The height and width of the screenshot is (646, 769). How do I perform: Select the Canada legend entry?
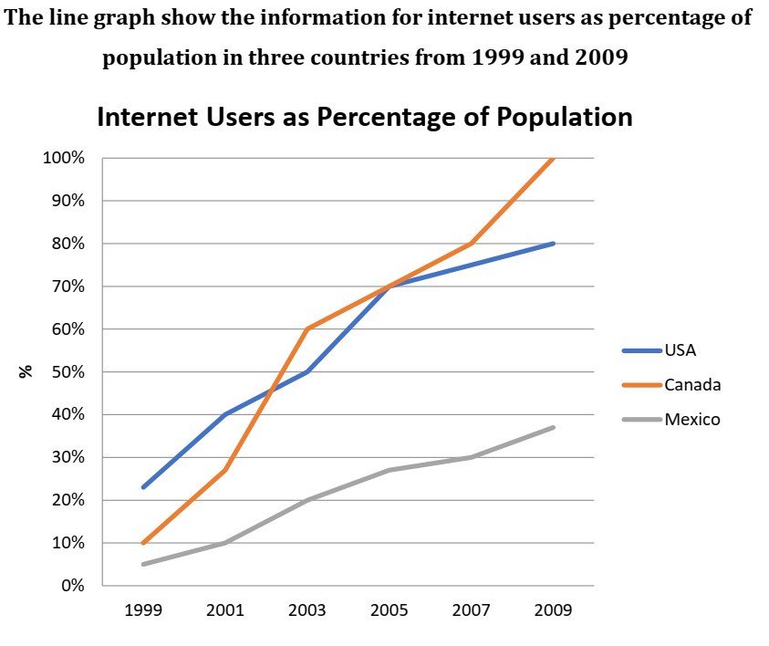691,384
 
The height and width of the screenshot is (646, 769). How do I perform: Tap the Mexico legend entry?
691,420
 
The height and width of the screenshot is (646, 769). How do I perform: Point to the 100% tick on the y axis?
63,158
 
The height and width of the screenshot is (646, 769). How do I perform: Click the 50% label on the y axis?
67,372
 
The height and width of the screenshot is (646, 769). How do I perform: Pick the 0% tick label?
71,586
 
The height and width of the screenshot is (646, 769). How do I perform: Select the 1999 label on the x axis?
143,610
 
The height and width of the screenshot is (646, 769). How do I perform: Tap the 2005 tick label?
390,610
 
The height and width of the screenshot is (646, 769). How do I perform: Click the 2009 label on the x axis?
554,610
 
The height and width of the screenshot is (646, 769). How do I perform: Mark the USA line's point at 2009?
554,244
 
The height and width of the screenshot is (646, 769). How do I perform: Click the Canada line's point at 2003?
307,328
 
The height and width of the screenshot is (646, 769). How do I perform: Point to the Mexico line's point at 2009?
554,427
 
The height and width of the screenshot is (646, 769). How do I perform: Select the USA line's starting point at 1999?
143,487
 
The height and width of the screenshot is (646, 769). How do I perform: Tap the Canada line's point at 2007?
472,244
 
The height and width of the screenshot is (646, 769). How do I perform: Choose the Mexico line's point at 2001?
225,543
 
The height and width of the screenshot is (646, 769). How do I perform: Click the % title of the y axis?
26,371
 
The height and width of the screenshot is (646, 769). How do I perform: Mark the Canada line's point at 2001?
225,470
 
